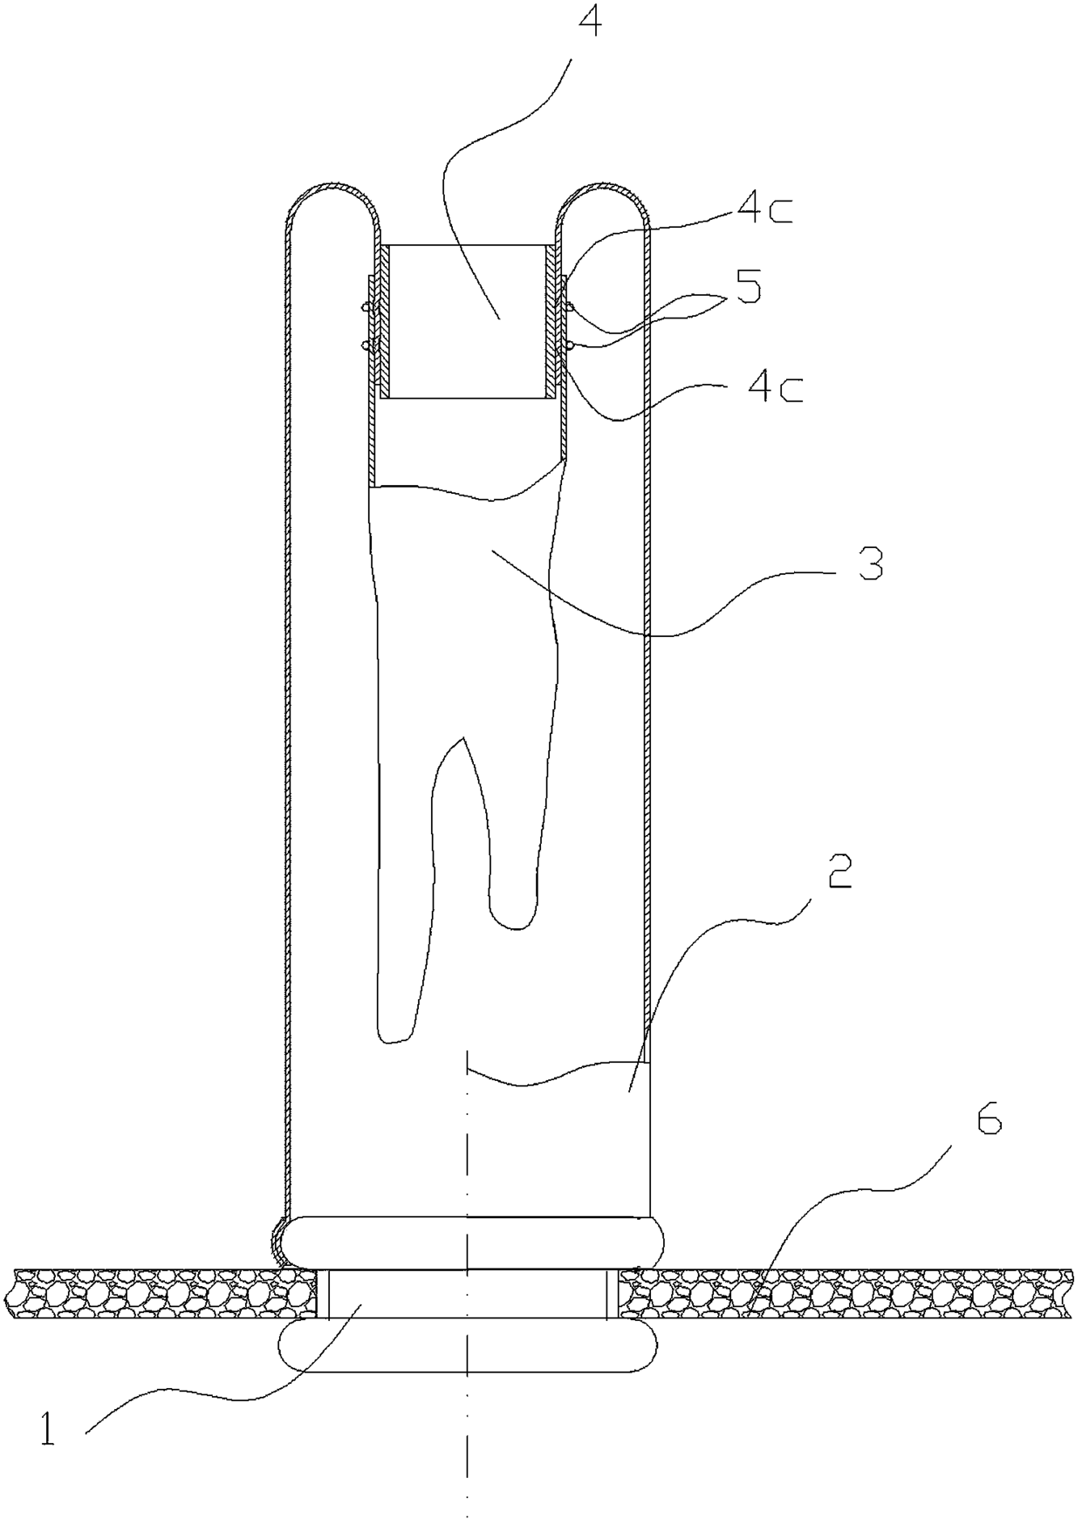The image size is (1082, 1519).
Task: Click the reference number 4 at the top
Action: click(x=590, y=21)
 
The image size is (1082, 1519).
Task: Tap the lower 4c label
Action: click(x=775, y=388)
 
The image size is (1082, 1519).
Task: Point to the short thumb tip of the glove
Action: click(x=511, y=918)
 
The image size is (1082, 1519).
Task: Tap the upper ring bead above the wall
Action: click(x=469, y=1243)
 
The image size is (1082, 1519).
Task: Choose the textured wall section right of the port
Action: click(x=849, y=1295)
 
